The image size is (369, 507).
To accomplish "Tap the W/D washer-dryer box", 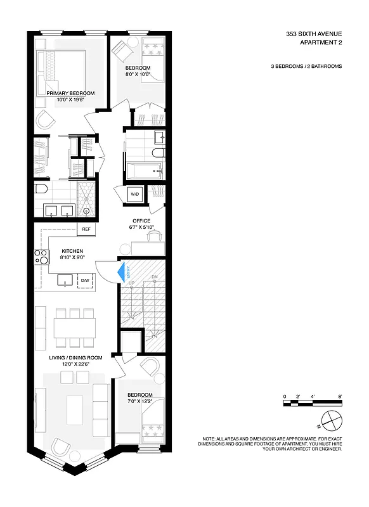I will [x=135, y=194].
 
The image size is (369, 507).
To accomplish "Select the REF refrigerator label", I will [x=86, y=229].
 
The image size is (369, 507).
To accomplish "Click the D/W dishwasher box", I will [x=84, y=279].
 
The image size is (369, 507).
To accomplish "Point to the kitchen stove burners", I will [x=41, y=257].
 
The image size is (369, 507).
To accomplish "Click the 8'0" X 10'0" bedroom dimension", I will [x=137, y=74].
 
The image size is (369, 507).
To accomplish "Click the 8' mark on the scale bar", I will [x=340, y=396].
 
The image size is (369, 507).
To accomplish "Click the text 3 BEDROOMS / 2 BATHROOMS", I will [x=306, y=66].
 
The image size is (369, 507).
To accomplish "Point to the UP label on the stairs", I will [x=131, y=283].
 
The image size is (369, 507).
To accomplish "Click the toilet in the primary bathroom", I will [x=40, y=189].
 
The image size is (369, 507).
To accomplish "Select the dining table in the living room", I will [x=74, y=328].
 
